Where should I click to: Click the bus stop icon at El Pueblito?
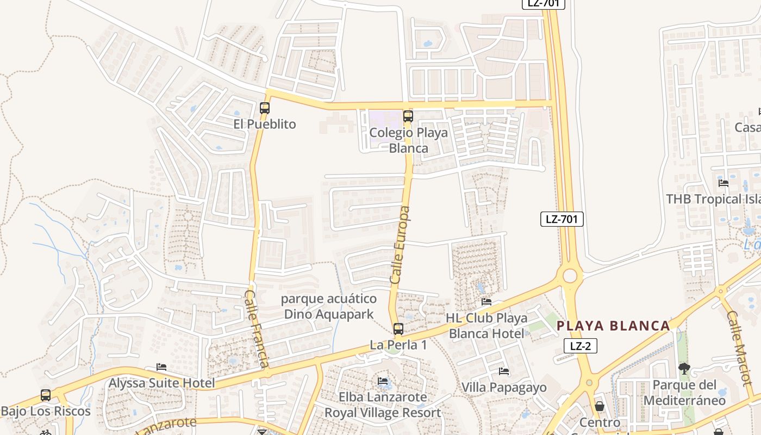coord(265,108)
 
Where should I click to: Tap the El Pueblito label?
coord(265,124)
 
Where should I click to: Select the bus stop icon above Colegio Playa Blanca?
coord(408,116)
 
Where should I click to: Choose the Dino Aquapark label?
coord(329,307)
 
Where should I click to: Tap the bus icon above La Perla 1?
coord(398,328)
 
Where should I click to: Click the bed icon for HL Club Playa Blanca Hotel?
coord(486,302)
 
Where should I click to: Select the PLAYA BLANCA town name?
coord(613,326)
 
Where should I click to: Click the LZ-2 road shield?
coord(581,346)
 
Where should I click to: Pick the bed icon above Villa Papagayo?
coord(504,371)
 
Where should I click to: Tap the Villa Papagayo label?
coord(504,387)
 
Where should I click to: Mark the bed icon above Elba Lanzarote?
coord(383,381)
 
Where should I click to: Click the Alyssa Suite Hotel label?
coord(162,383)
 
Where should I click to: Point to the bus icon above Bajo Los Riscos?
coord(46,395)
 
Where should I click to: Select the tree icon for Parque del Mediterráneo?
coord(684,369)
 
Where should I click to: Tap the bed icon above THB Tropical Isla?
coord(723,183)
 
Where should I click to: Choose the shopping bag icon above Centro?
coord(600,406)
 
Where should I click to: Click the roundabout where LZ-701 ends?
coord(570,276)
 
